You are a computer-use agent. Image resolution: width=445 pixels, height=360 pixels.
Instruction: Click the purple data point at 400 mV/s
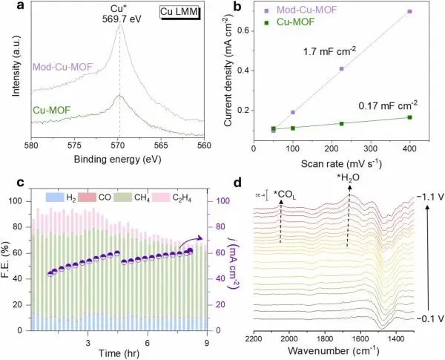pos(409,12)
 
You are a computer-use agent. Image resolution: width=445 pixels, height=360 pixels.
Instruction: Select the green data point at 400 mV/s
pos(409,117)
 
